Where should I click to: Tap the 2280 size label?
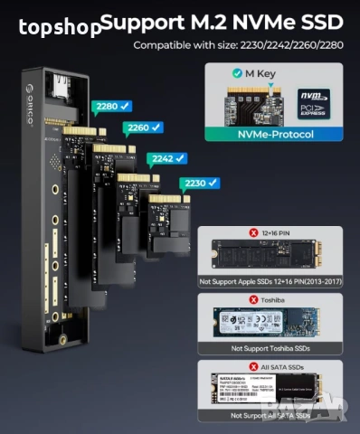coord(106,106)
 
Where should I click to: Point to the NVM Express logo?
coord(313,102)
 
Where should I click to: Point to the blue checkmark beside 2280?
coord(126,106)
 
